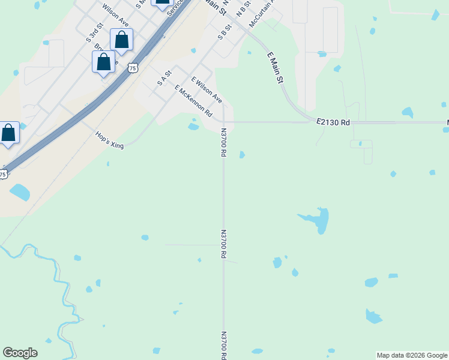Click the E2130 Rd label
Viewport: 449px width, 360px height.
pos(333,122)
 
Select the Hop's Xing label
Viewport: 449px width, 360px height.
pos(109,140)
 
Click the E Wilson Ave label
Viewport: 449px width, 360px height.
pos(206,89)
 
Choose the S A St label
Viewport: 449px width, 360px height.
pos(164,78)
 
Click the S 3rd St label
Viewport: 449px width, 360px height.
pos(95,32)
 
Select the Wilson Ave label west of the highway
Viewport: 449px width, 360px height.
pos(116,15)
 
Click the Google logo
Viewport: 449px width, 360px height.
pos(20,353)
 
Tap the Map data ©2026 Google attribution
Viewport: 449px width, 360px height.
pos(412,355)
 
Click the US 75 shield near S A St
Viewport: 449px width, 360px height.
pos(133,68)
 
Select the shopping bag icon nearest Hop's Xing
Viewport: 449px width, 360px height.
pos(9,133)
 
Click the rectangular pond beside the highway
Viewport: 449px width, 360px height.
pos(19,192)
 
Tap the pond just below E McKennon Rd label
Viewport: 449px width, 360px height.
pos(193,127)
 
